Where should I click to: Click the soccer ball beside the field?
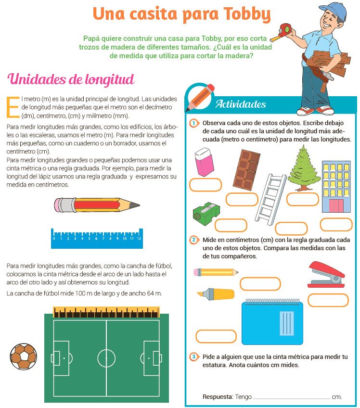23,356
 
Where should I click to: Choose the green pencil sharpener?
206,212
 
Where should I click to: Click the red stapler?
325,275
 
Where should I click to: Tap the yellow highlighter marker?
216,293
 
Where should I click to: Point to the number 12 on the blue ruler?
139,238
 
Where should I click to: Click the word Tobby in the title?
245,14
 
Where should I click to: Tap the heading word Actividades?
241,104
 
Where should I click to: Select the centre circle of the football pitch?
106,358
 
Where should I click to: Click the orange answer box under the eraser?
206,185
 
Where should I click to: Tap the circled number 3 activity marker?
193,357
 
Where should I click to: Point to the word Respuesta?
218,397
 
